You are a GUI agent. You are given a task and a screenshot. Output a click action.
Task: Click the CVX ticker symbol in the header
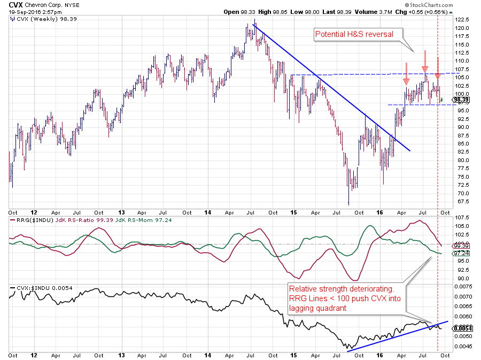(17, 4)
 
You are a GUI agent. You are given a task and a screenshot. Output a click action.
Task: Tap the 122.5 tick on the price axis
(463, 19)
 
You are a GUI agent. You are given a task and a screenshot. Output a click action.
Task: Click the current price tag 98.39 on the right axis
(461, 99)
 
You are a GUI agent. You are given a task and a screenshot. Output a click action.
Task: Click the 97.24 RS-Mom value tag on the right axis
(461, 253)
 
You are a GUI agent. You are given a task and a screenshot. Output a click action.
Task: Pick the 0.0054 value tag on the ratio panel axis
(462, 328)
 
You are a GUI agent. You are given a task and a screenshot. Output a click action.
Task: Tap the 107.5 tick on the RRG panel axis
(463, 217)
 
